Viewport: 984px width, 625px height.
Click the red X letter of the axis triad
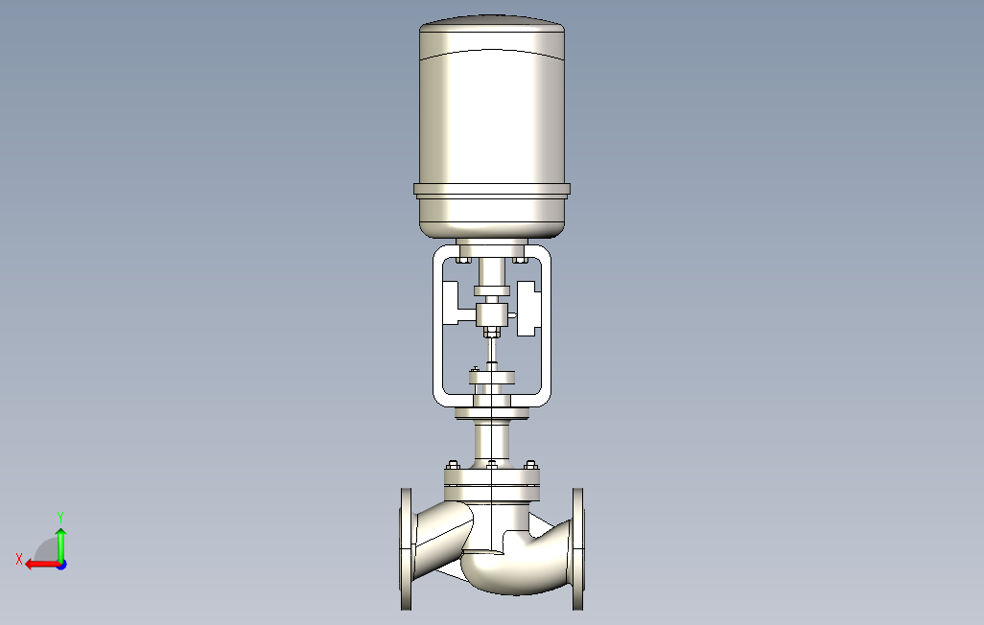point(18,559)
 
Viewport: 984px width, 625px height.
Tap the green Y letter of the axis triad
point(60,517)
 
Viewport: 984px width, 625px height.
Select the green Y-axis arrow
point(60,543)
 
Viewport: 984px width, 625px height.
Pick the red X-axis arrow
point(39,565)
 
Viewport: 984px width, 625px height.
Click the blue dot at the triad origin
point(60,565)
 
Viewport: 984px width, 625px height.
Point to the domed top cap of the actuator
point(491,23)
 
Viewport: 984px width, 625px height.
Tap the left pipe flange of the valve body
point(407,548)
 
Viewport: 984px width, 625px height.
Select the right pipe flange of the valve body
point(577,548)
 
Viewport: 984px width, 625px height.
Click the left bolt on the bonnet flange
point(454,467)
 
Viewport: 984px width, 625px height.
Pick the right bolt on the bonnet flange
point(529,467)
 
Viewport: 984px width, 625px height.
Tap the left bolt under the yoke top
point(463,258)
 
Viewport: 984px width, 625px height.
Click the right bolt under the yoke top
point(520,258)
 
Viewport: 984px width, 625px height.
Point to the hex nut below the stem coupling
point(491,334)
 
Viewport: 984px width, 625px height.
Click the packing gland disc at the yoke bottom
point(492,379)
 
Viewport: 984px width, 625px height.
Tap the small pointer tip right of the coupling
point(513,314)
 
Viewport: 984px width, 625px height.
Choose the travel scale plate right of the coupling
point(529,309)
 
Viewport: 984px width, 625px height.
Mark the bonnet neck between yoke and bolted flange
point(492,442)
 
